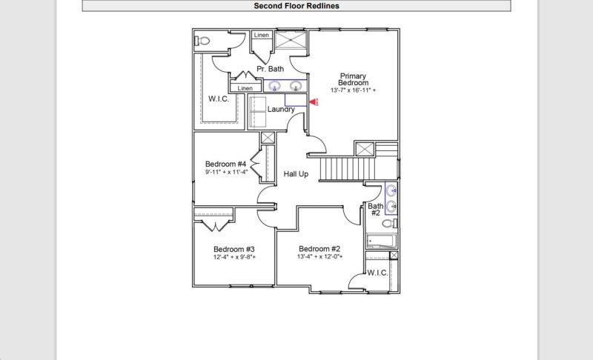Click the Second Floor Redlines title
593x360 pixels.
(x=296, y=6)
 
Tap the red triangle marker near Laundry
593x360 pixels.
(x=313, y=104)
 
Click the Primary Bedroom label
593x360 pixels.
(x=354, y=79)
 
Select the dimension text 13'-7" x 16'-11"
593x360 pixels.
(x=354, y=91)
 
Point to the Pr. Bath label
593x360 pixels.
(x=270, y=69)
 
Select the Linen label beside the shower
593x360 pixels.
(x=262, y=36)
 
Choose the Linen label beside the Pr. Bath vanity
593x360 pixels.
(x=245, y=89)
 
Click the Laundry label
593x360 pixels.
(x=281, y=110)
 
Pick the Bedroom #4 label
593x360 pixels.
(x=225, y=164)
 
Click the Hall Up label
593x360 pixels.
(x=296, y=174)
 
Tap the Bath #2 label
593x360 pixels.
(x=376, y=210)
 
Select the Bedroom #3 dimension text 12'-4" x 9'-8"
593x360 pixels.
(x=234, y=258)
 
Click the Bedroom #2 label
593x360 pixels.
(x=319, y=249)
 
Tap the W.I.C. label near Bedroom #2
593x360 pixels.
(x=377, y=273)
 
